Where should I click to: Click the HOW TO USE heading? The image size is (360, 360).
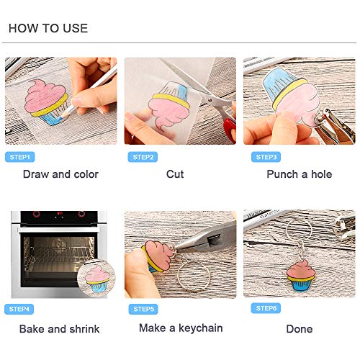(48, 28)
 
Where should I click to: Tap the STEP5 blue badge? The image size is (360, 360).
(142, 309)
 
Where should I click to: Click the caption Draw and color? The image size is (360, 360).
(60, 174)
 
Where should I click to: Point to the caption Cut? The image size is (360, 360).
(175, 174)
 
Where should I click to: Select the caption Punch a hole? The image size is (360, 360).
(300, 174)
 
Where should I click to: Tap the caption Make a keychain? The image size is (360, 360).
(180, 328)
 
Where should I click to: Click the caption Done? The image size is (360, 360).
(300, 329)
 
